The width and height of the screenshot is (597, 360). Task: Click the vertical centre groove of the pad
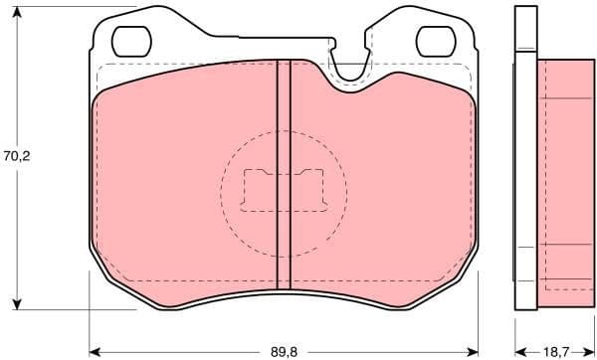click(x=283, y=179)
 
